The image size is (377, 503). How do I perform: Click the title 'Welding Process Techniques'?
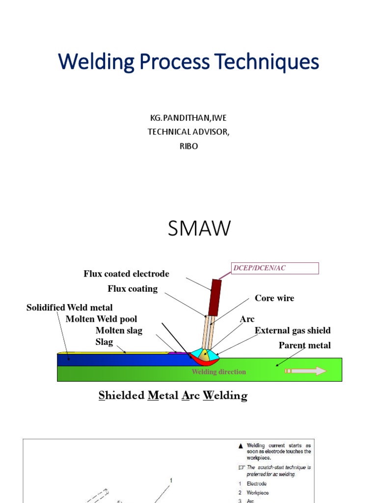(x=188, y=62)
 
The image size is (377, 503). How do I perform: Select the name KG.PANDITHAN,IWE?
(x=188, y=118)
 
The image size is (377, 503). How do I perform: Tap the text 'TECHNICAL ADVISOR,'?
(x=188, y=132)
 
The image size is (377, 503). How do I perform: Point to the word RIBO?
(x=188, y=146)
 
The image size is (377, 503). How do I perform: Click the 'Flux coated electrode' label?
(x=126, y=274)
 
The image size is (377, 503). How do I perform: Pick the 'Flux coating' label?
(x=133, y=289)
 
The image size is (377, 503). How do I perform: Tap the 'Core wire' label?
(x=274, y=298)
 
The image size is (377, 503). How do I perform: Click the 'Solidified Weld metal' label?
(x=69, y=307)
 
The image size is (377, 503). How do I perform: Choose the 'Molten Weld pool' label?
(x=101, y=319)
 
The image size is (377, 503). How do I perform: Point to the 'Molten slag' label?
(x=119, y=331)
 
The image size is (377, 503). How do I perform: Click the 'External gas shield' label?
(x=293, y=331)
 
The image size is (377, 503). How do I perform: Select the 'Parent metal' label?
(x=304, y=345)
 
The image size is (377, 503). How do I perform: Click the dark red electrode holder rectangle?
(x=215, y=297)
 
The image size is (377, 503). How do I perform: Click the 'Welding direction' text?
(x=218, y=372)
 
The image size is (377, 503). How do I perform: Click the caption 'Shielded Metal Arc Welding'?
(x=173, y=395)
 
